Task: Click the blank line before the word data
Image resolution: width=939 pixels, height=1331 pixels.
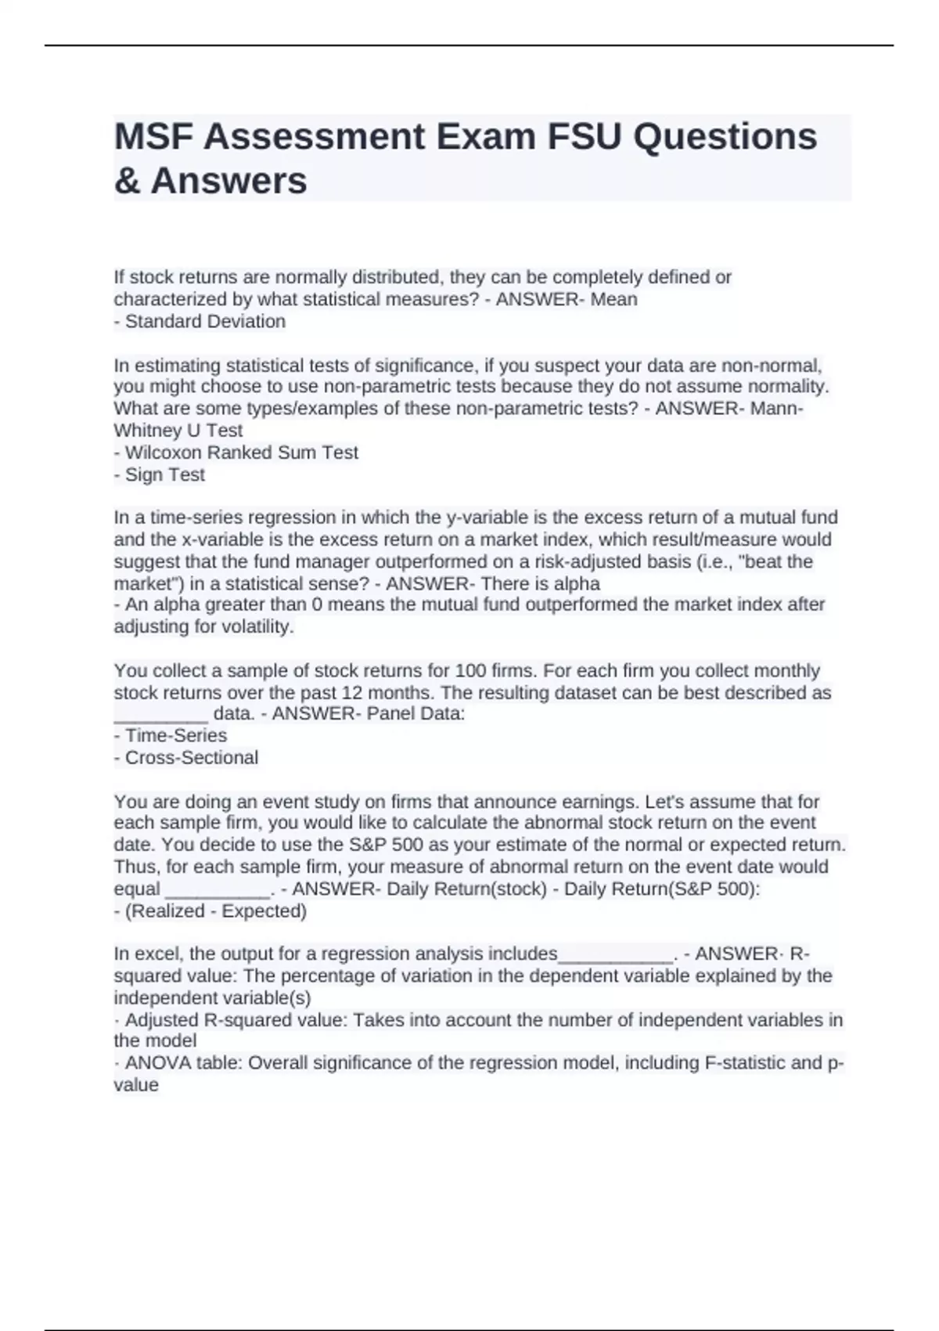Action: coord(161,715)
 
